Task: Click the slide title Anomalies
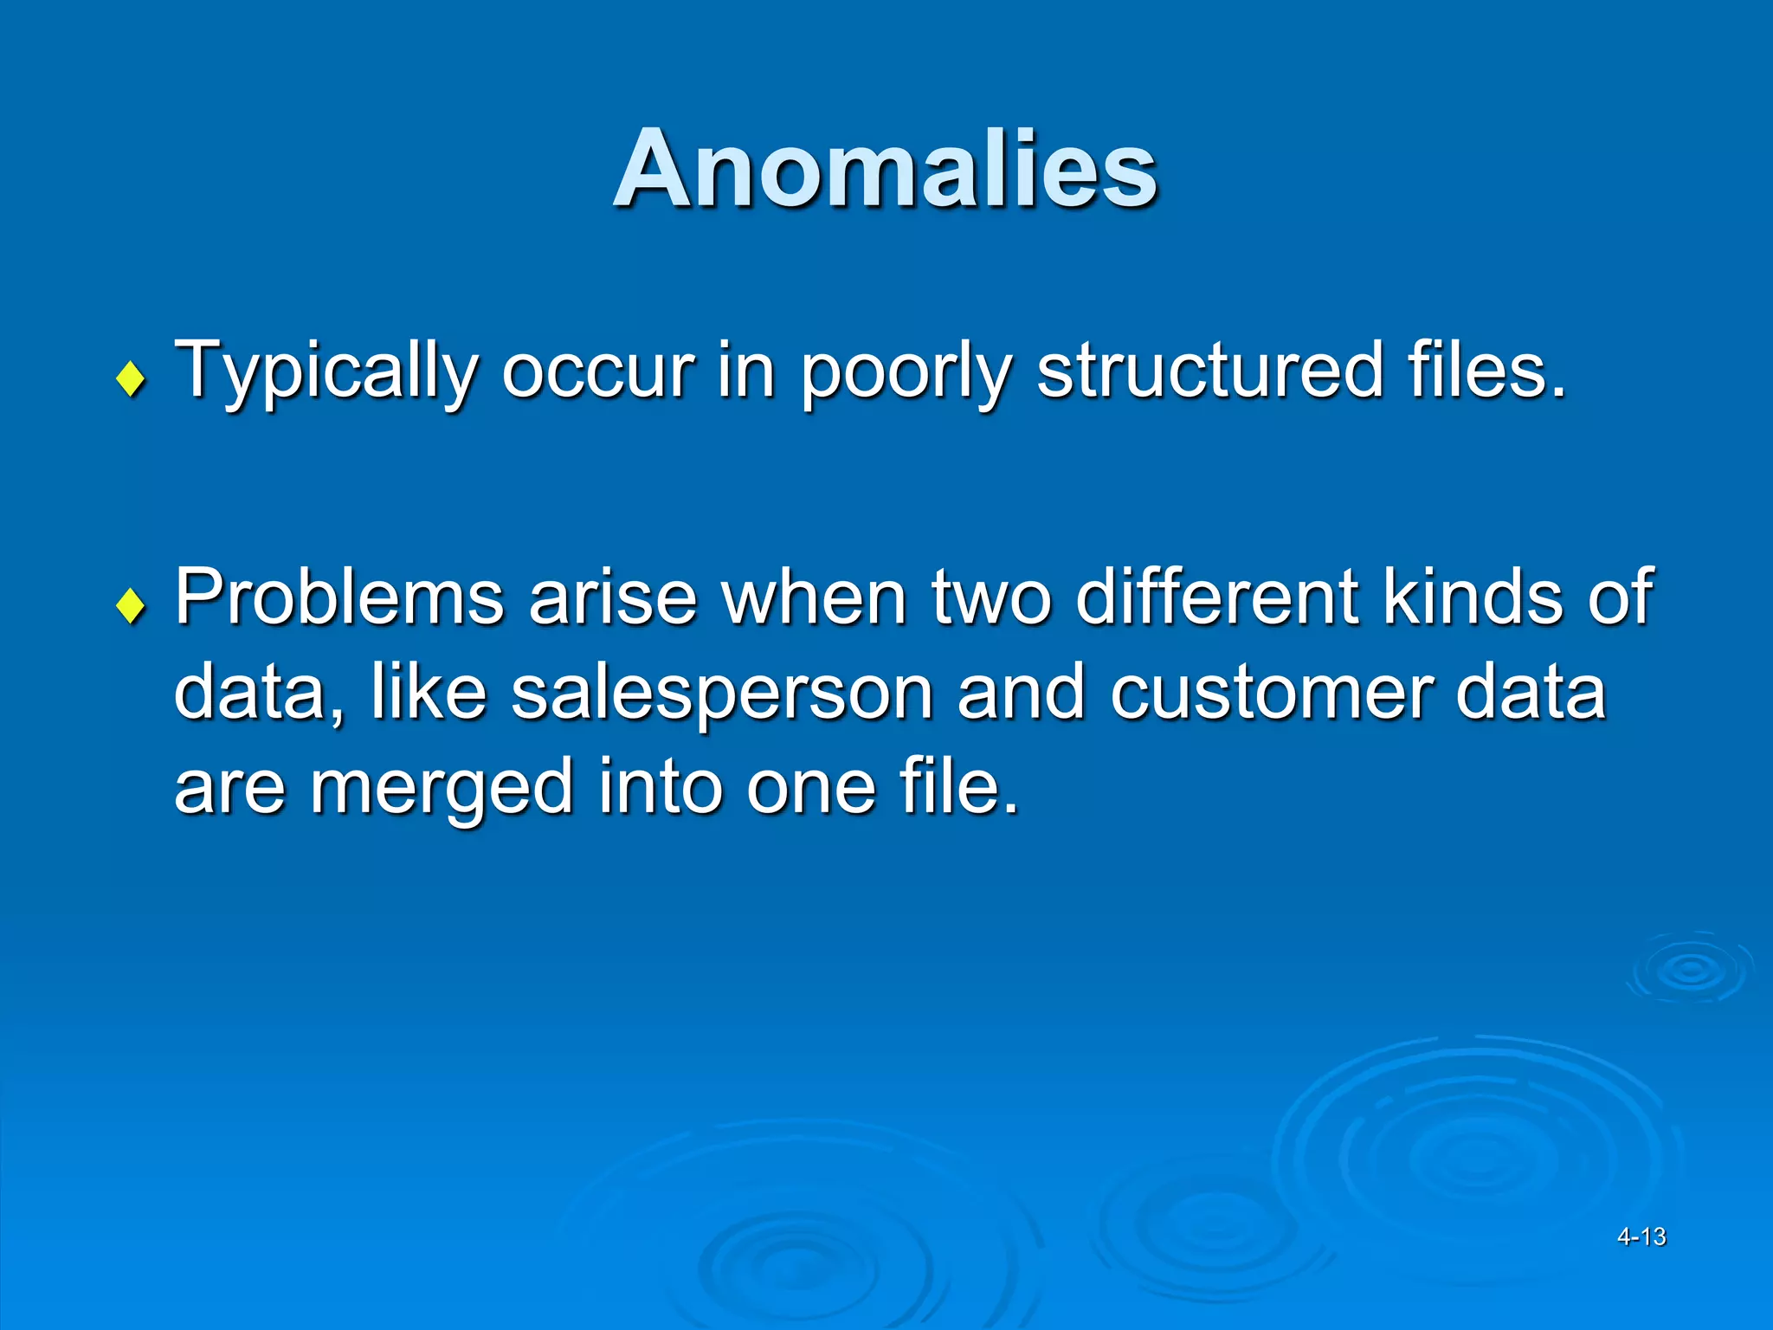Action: tap(885, 169)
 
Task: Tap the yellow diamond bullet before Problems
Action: tap(131, 605)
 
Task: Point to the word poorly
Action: tap(906, 372)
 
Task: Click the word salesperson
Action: tap(722, 693)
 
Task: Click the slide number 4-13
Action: tap(1641, 1236)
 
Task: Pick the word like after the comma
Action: tap(429, 693)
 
